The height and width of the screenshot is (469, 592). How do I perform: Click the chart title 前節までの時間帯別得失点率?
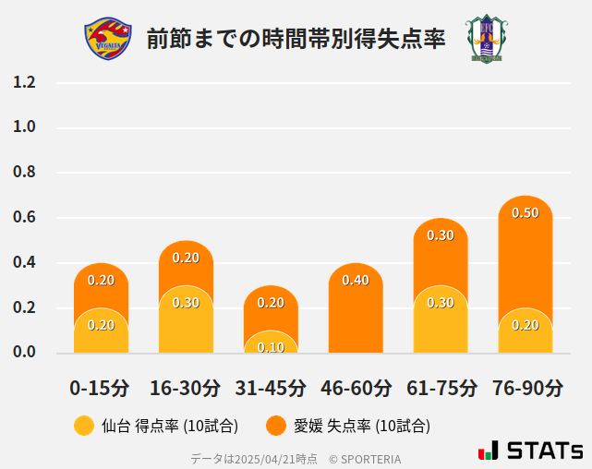(x=296, y=39)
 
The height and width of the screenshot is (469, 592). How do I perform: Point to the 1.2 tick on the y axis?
(x=24, y=82)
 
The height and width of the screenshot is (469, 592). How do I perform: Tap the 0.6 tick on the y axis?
(x=24, y=218)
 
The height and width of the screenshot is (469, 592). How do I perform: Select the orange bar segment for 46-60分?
(x=356, y=314)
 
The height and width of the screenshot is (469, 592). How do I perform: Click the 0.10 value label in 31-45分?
(x=271, y=347)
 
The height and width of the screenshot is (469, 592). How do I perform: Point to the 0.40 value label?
(x=356, y=280)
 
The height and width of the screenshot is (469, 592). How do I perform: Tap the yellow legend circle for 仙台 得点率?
(x=84, y=426)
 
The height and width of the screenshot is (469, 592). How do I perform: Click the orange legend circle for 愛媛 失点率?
(x=275, y=426)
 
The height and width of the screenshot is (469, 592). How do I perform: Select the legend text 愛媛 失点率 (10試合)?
(x=362, y=426)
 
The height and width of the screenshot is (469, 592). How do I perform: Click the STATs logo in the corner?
(x=530, y=451)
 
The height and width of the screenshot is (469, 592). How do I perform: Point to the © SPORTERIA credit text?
(x=365, y=458)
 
